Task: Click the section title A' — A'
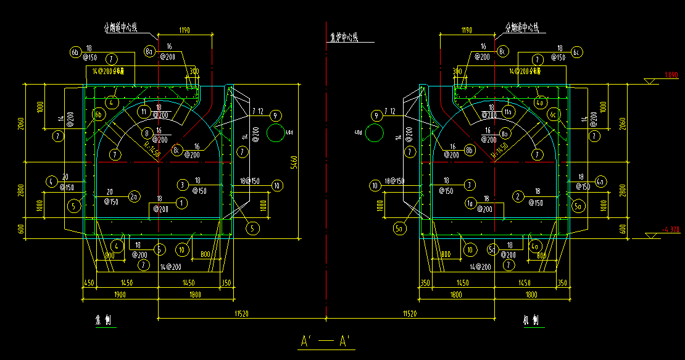(x=325, y=341)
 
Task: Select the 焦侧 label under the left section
(x=102, y=321)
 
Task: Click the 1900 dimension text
(x=120, y=295)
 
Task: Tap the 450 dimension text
(x=89, y=283)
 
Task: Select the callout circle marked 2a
(x=134, y=196)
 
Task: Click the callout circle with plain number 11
(x=144, y=112)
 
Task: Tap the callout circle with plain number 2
(x=518, y=196)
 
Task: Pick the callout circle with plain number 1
(x=182, y=202)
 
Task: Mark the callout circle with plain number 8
(x=147, y=133)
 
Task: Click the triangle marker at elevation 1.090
(x=649, y=82)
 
